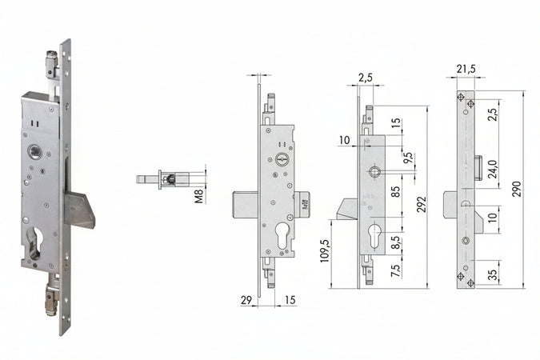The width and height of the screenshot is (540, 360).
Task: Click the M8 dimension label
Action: point(200,196)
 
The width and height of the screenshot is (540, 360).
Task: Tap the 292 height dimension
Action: point(422,204)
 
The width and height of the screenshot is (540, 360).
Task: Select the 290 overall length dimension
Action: point(517,189)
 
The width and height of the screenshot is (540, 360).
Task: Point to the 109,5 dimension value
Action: point(325,250)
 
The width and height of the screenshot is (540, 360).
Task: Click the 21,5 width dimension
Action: point(466,69)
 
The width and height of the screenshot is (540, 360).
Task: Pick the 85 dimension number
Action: point(396,191)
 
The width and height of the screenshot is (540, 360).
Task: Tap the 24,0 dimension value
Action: point(493,169)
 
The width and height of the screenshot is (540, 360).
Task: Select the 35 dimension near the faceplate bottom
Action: point(493,274)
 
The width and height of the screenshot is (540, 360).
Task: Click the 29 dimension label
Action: point(246,300)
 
